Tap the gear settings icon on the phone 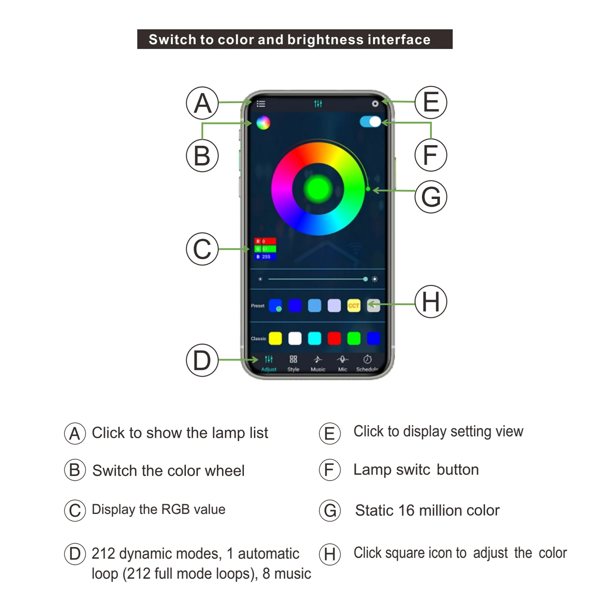tap(375, 104)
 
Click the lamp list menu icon tap(261, 104)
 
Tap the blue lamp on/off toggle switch tap(370, 122)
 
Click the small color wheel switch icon tap(263, 123)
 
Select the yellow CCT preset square tap(354, 306)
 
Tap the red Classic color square tap(334, 339)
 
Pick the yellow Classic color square tap(275, 339)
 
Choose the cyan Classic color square tap(314, 339)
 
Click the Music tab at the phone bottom tap(318, 363)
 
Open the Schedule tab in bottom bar tap(367, 363)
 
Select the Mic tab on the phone tap(342, 363)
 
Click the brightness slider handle tap(365, 279)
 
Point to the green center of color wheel tap(318, 189)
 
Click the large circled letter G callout tap(431, 197)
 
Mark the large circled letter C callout tap(202, 249)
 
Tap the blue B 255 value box tap(265, 257)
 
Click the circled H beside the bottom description tap(330, 554)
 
